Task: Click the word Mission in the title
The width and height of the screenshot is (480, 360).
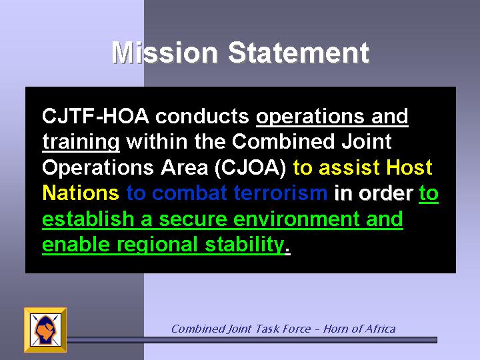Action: (x=165, y=53)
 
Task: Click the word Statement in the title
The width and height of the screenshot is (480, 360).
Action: (x=299, y=53)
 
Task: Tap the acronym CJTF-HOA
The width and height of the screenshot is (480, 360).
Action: (x=95, y=116)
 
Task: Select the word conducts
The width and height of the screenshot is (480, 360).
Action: (x=203, y=116)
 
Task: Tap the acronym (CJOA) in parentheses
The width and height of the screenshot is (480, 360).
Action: (x=251, y=169)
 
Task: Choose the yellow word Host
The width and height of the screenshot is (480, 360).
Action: (x=409, y=168)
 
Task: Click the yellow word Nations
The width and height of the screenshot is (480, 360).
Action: (x=81, y=193)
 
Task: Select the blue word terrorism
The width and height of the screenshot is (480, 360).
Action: (x=281, y=193)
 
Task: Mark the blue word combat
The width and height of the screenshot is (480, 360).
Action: (x=189, y=193)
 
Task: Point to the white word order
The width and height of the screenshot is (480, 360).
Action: (x=386, y=194)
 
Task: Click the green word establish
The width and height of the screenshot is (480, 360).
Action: (x=88, y=219)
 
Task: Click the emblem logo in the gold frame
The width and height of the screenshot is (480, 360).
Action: (x=45, y=330)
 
